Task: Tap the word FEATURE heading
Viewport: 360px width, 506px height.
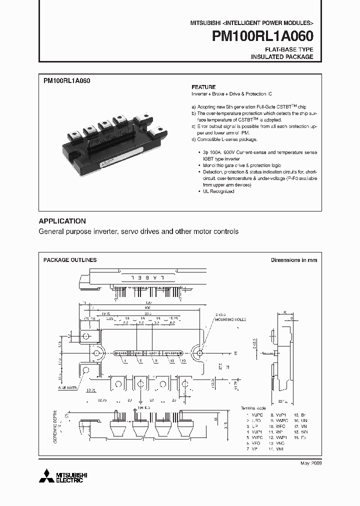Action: click(x=203, y=87)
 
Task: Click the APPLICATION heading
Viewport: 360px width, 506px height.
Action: click(x=62, y=221)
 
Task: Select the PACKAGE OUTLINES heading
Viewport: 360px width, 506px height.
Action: click(x=70, y=260)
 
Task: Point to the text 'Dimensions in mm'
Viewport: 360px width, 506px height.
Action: click(x=293, y=260)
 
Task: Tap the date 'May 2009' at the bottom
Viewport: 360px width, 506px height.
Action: click(x=311, y=463)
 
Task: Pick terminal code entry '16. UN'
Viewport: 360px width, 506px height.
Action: click(x=300, y=421)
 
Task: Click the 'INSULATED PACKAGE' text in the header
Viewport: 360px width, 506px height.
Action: click(x=282, y=57)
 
